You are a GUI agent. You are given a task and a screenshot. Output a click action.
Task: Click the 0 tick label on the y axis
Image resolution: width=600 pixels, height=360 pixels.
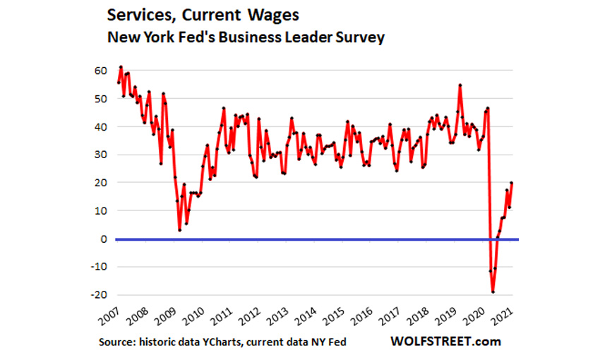pos(103,239)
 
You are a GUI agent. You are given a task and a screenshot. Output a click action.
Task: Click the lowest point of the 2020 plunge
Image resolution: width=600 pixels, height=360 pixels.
pos(493,292)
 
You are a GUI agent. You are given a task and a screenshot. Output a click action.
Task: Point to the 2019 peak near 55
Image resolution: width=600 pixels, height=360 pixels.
pos(460,85)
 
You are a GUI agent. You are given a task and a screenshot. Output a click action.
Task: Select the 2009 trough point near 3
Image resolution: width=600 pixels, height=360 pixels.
pos(180,230)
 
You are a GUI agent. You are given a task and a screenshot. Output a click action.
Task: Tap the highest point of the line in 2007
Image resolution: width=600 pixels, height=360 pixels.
pos(121,67)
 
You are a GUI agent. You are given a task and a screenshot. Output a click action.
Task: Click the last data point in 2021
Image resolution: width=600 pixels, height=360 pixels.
pos(512,183)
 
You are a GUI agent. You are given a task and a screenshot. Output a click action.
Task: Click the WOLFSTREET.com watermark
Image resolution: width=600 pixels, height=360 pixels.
pos(446,342)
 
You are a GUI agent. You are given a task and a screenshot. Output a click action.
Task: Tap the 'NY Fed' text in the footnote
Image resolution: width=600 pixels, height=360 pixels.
pos(328,342)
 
